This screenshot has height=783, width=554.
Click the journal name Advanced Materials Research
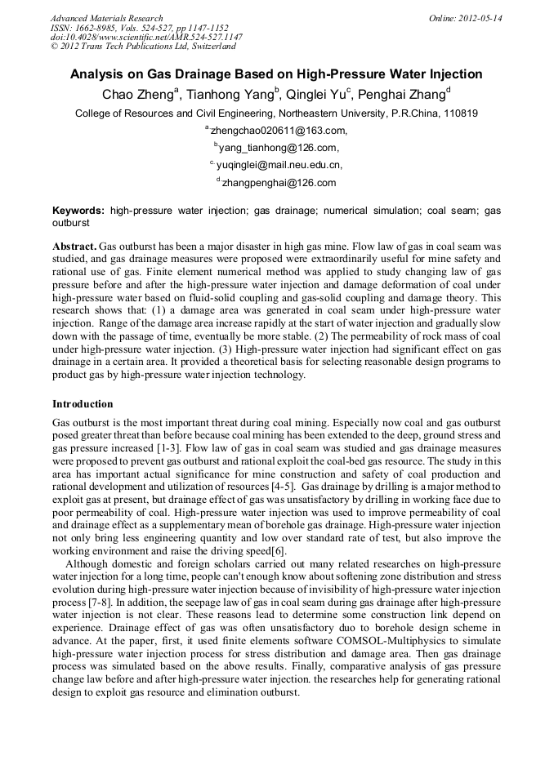pos(106,17)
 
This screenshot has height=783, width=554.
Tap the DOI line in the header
pos(146,37)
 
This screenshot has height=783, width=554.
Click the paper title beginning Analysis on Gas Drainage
pos(276,74)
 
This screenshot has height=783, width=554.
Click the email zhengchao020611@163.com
pos(279,131)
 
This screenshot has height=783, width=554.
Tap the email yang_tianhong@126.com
pos(279,148)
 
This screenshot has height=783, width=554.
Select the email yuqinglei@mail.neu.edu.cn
pos(279,165)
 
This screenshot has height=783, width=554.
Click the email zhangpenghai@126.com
pos(279,183)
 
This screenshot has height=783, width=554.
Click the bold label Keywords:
pos(78,211)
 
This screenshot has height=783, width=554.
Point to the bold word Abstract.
pos(74,246)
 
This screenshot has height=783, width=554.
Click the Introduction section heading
pos(83,404)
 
